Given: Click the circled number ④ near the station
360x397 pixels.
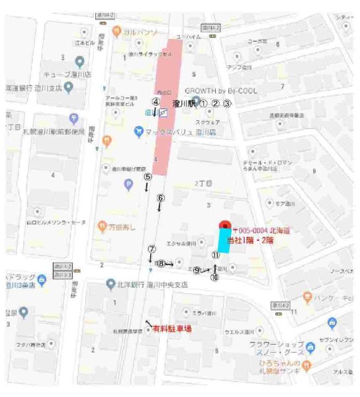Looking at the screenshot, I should coord(156,101).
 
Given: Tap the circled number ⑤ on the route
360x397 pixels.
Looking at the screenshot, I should coord(148,177).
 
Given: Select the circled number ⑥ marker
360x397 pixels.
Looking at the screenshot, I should coord(159,198).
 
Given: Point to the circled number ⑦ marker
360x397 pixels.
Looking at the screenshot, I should coord(152,249).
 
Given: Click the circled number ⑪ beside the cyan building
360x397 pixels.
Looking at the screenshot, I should coord(215,255).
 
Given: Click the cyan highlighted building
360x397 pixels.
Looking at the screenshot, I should coord(224,240).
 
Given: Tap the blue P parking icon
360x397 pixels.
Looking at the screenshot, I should coord(129,185).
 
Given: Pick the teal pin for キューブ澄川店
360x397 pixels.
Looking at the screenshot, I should coord(79,62).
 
